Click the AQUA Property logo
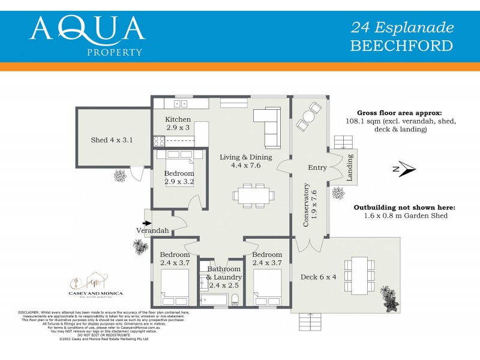(x=87, y=34)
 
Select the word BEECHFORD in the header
(x=401, y=46)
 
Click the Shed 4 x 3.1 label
(x=111, y=140)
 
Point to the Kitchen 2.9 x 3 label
(x=178, y=124)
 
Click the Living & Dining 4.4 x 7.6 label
(x=245, y=161)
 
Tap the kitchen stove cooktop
(x=160, y=141)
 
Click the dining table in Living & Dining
(x=254, y=195)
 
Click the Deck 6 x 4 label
(x=319, y=277)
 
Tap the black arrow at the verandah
(x=147, y=223)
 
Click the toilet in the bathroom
(x=236, y=299)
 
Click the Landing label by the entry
(x=351, y=167)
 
